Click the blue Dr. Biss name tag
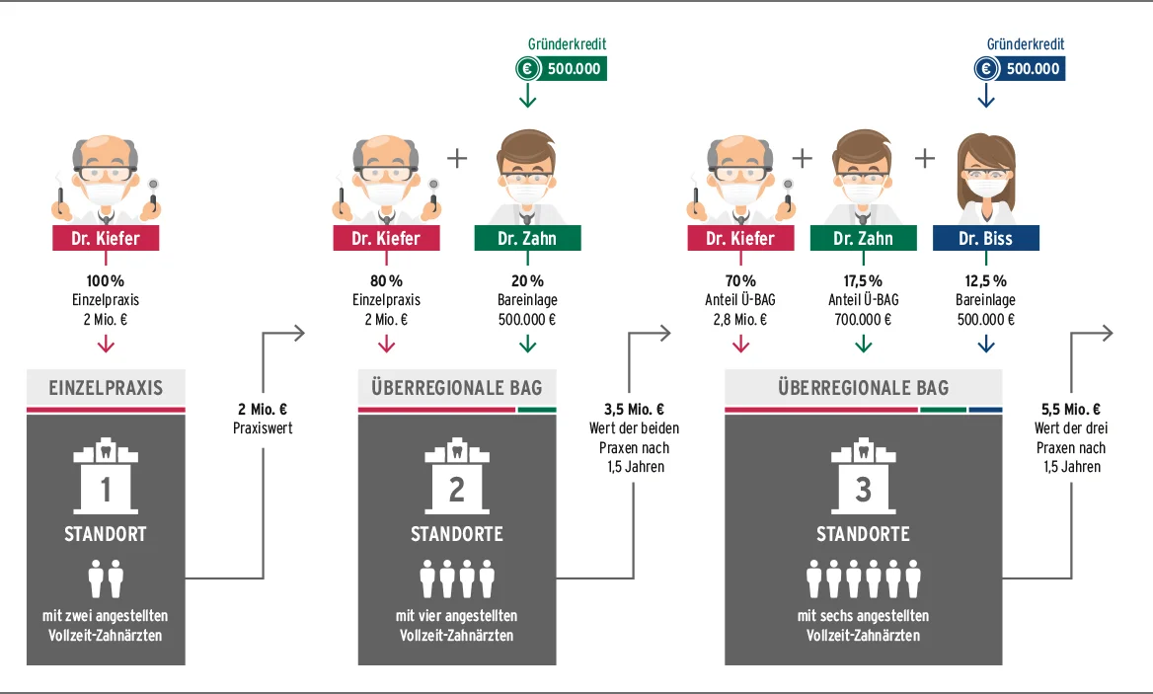[985, 238]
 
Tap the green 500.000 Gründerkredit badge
[560, 68]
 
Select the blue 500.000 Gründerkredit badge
[1018, 68]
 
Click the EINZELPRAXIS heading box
[106, 387]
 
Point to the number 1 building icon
[106, 479]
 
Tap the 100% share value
[106, 281]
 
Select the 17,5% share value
[863, 281]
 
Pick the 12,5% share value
[985, 281]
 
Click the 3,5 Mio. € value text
[634, 410]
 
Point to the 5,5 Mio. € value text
[1071, 410]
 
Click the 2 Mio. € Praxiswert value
[262, 410]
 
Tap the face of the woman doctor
[985, 178]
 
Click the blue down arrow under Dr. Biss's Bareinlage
[985, 344]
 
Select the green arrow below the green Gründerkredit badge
[527, 96]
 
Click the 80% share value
[386, 281]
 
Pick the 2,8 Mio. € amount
[740, 319]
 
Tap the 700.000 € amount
[863, 319]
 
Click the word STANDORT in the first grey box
[106, 534]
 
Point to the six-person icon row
[863, 578]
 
